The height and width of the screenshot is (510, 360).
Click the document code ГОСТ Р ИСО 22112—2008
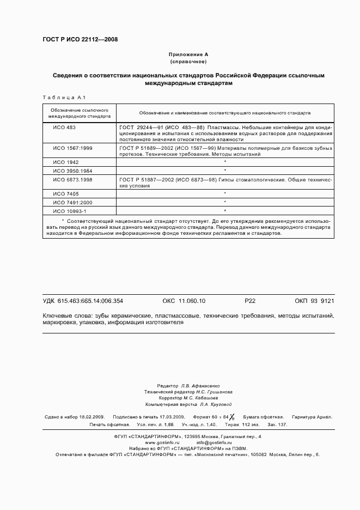(80, 40)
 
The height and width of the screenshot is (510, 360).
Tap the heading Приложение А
(188, 55)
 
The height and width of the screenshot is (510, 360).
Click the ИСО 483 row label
(64, 127)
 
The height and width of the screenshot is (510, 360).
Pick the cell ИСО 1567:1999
(72, 148)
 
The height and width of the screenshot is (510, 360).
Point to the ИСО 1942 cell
(65, 162)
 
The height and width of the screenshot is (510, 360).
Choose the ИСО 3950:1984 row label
(72, 171)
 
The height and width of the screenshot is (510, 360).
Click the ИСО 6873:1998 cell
(72, 179)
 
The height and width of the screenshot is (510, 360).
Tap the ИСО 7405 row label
(65, 193)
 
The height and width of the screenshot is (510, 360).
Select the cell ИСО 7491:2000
(72, 202)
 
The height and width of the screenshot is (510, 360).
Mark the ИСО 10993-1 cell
(69, 210)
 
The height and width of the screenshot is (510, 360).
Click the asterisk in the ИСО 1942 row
(225, 162)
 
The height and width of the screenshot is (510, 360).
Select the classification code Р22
(250, 301)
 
